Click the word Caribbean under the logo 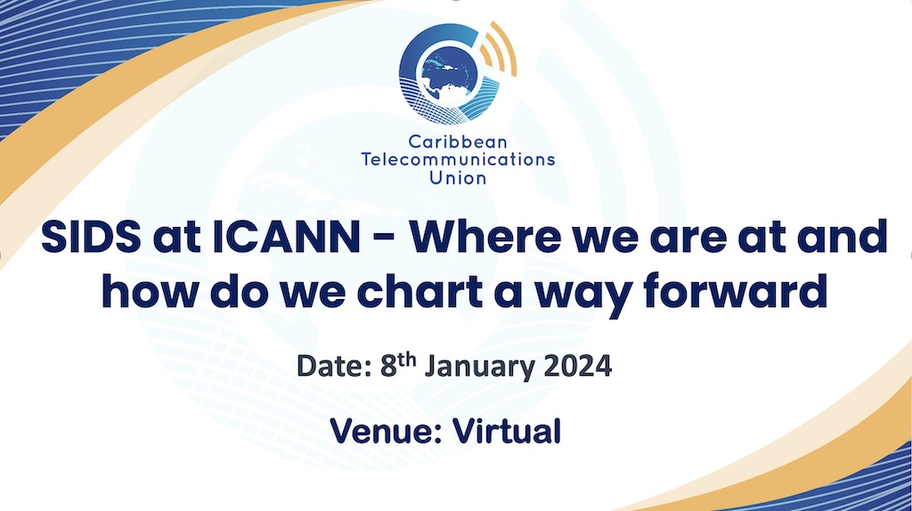click(456, 142)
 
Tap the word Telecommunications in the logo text click(457, 160)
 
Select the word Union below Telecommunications click(457, 178)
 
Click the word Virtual click(507, 432)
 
